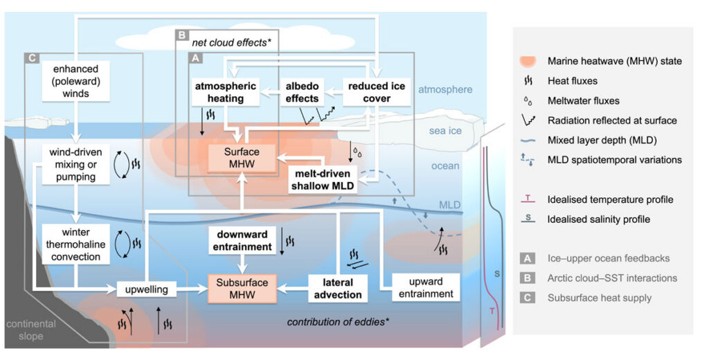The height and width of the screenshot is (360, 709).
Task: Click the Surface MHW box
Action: (x=242, y=158)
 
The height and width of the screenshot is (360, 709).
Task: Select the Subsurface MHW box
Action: (x=242, y=289)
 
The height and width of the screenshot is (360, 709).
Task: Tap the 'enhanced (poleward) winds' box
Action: (x=76, y=82)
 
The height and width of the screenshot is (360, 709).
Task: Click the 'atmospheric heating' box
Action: (x=225, y=92)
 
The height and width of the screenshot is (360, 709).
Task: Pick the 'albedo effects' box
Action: (x=302, y=92)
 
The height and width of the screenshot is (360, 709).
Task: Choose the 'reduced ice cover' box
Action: (x=377, y=92)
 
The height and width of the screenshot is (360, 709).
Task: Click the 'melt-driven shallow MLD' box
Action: (x=323, y=179)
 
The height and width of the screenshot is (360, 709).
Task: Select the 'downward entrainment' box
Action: (x=242, y=241)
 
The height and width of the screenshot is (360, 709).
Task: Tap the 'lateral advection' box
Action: (x=338, y=289)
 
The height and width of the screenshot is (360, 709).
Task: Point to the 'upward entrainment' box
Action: (x=426, y=287)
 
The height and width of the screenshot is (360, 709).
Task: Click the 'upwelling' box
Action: (x=147, y=289)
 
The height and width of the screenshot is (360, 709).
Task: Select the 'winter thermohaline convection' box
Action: (x=76, y=244)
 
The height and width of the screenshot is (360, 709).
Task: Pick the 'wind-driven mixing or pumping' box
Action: (x=76, y=164)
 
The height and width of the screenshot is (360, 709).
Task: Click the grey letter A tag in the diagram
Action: (x=196, y=58)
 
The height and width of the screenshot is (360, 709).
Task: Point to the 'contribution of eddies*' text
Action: (x=339, y=322)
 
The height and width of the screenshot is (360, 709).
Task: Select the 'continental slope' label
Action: (x=30, y=330)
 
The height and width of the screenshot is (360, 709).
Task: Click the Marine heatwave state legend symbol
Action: (x=528, y=61)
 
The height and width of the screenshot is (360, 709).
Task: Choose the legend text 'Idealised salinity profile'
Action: (x=599, y=219)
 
